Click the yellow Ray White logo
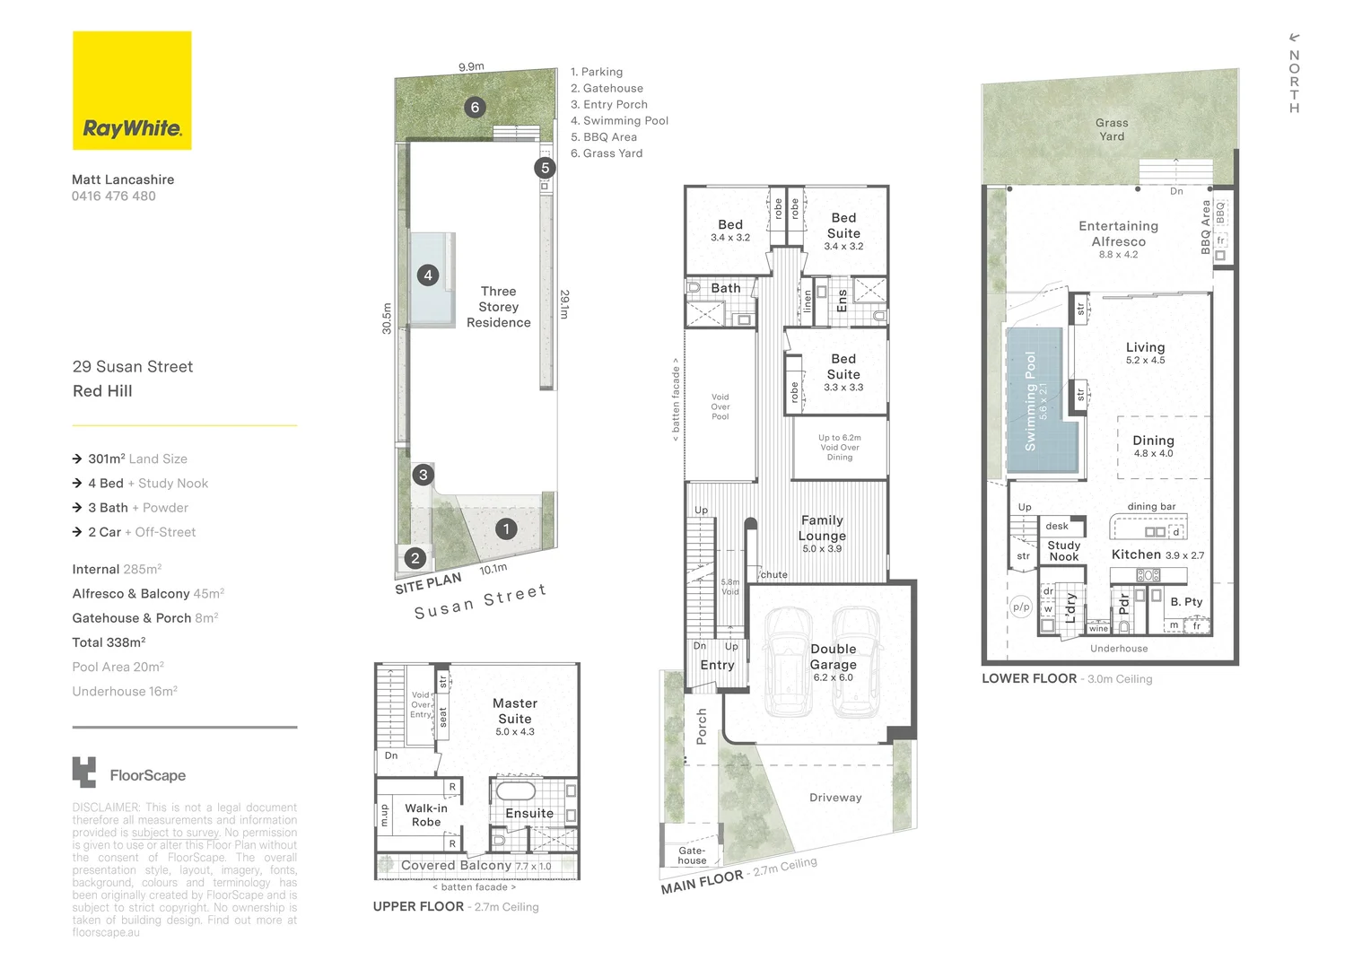coord(132,91)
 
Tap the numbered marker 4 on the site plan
coord(428,275)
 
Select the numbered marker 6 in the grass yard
coord(475,108)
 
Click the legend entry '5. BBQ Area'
coord(604,137)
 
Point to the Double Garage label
coord(833,657)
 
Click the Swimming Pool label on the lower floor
coord(1031,400)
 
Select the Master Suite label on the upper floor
coord(515,711)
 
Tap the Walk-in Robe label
coord(426,815)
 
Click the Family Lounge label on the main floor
coord(822,528)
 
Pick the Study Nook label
coord(1064,551)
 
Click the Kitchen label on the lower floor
coord(1136,554)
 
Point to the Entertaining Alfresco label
coord(1118,234)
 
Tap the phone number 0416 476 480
coord(114,196)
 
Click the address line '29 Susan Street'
coord(133,367)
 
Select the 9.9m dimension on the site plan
coord(471,66)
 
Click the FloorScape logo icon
coord(84,773)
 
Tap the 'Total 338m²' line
coord(109,642)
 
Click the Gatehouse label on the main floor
coord(692,855)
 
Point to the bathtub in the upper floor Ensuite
coord(515,791)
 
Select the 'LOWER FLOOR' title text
coord(1028,678)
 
